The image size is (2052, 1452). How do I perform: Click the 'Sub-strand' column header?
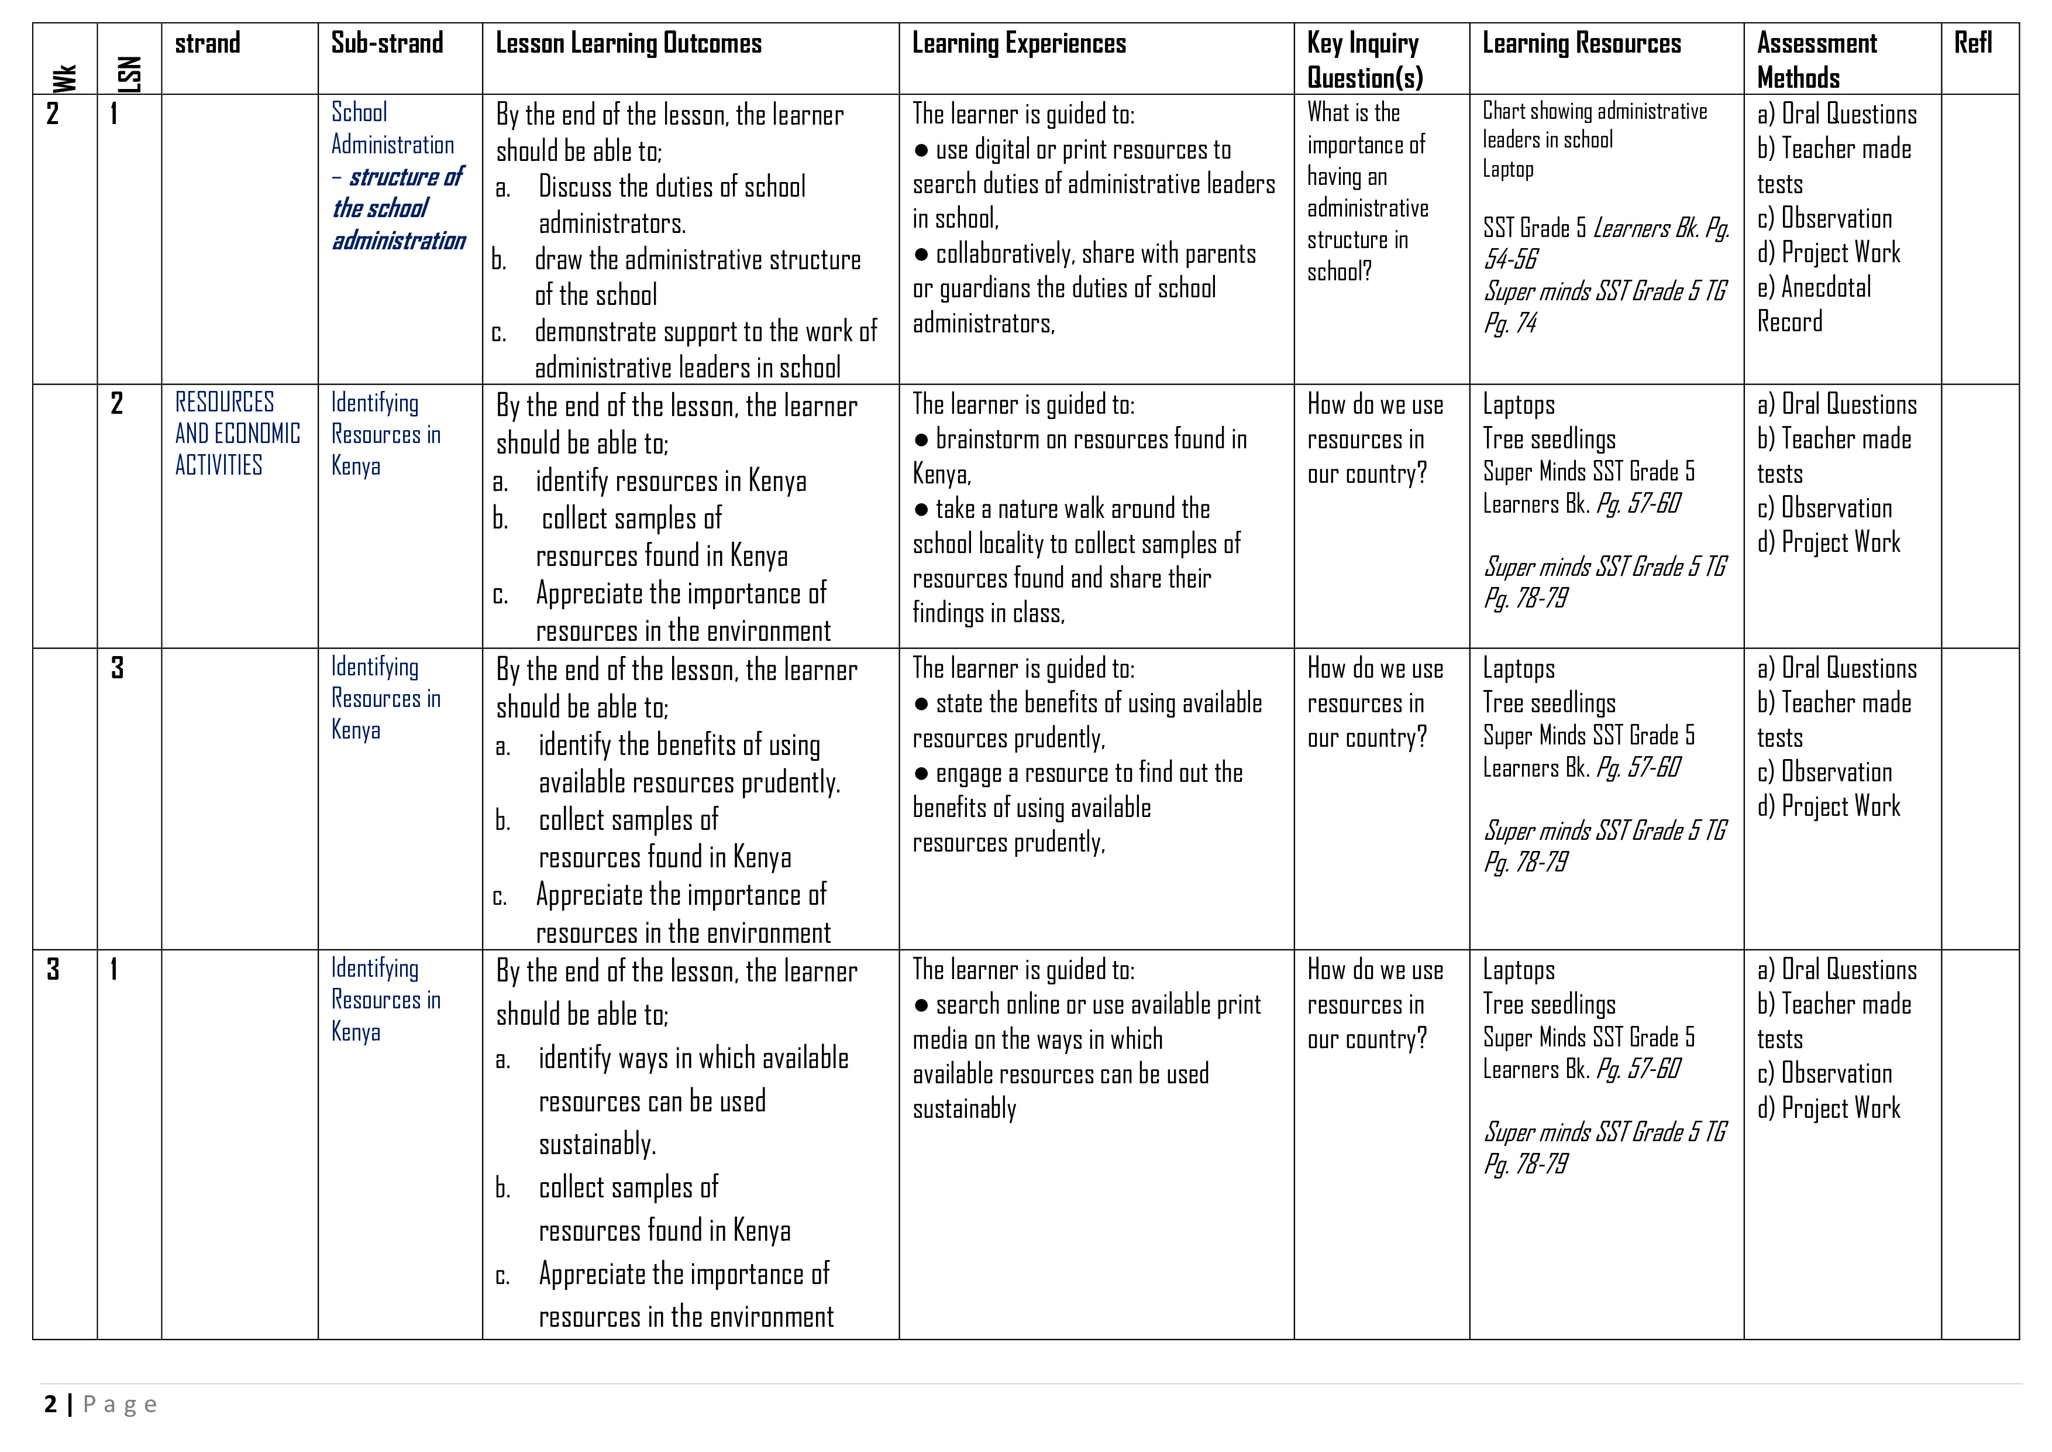(387, 43)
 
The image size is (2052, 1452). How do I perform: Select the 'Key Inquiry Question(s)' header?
(1364, 60)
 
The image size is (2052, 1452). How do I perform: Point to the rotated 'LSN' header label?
(130, 74)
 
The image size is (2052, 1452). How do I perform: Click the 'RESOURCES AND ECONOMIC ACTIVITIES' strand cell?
(237, 434)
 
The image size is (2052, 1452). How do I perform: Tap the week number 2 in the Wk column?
(53, 114)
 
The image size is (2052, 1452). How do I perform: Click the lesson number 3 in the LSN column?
(117, 668)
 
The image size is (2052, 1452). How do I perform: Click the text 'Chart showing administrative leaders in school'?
(1595, 125)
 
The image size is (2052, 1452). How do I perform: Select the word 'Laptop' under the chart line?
(1508, 169)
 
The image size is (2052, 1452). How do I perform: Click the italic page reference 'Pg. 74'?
(1510, 323)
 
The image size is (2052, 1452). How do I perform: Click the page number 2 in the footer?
(51, 1405)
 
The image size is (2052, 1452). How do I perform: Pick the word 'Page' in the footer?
(120, 1405)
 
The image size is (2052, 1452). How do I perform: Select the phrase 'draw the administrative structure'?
(697, 259)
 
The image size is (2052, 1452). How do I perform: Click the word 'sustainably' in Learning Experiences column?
(965, 1108)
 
